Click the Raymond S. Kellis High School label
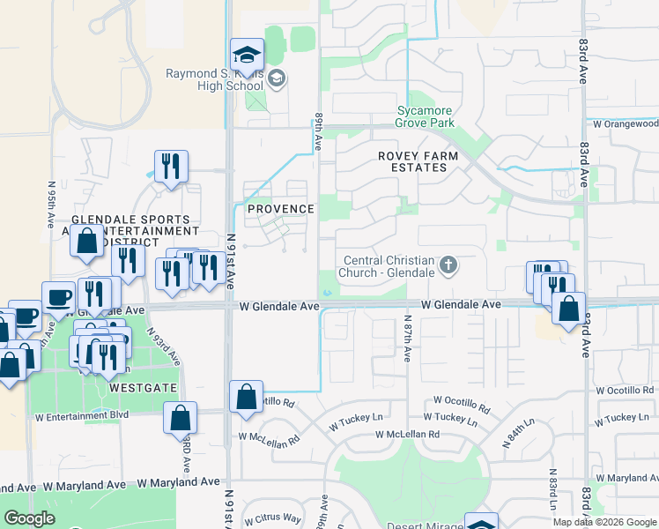217,80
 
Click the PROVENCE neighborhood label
280,209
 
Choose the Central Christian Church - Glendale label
389,266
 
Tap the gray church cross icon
448,264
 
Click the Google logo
30,519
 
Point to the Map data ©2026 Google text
603,522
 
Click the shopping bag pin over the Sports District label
88,242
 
